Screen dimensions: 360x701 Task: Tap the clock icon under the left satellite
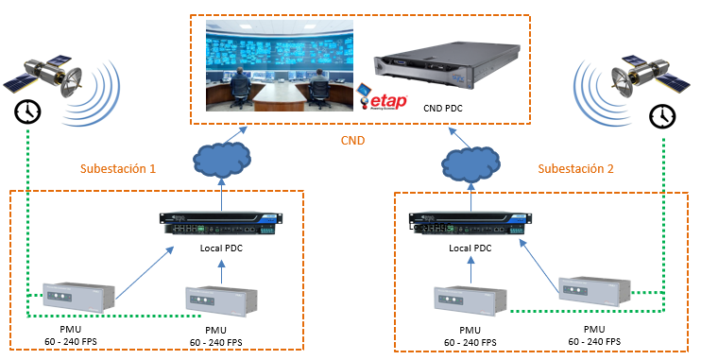(x=27, y=111)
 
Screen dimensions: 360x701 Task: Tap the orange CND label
(x=351, y=142)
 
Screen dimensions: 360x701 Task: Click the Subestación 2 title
(x=575, y=169)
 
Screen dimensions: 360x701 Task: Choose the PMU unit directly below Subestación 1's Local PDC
(x=221, y=301)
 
